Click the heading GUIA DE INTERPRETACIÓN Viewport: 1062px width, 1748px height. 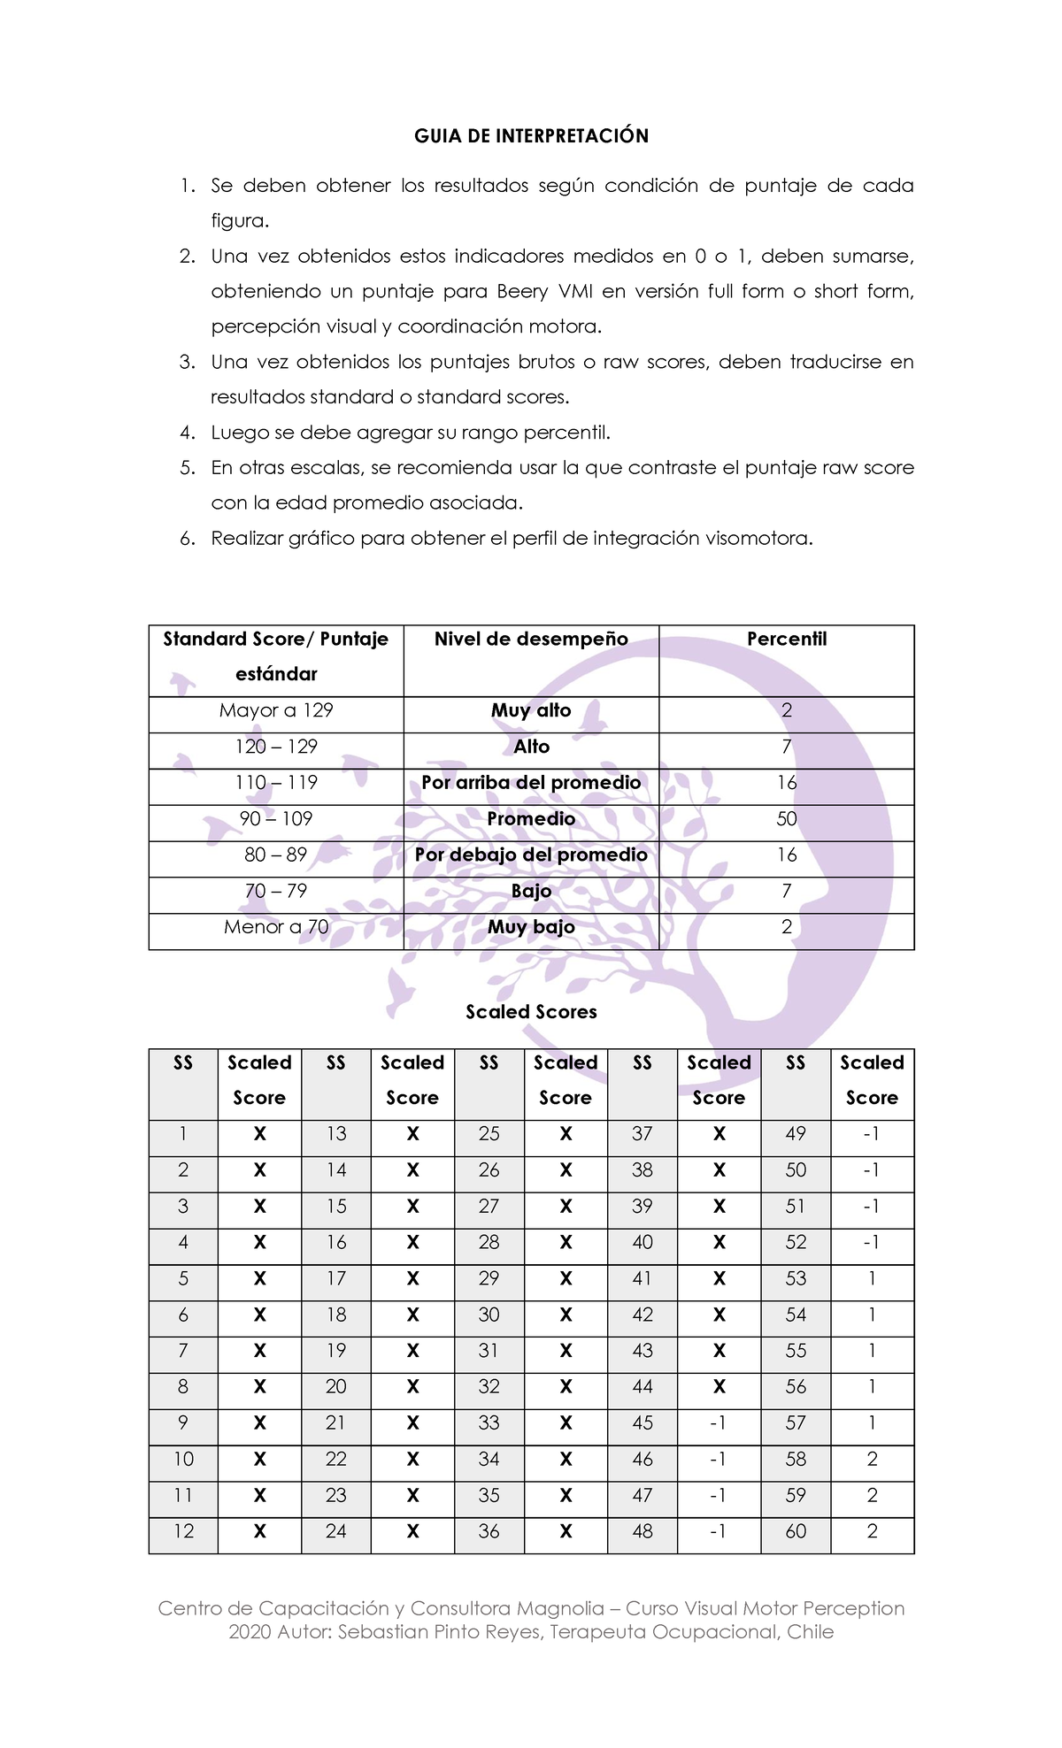click(x=531, y=136)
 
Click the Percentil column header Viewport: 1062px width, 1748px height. click(x=786, y=640)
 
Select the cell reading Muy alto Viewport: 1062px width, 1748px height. click(x=531, y=711)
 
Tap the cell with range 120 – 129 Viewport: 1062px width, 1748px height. click(x=276, y=747)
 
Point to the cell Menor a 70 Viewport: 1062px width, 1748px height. click(x=276, y=928)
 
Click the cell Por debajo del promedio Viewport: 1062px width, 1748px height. click(x=531, y=855)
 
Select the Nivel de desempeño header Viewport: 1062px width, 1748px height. click(x=531, y=640)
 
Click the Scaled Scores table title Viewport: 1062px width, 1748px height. click(x=531, y=1012)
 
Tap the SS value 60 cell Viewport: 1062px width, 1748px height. click(x=796, y=1532)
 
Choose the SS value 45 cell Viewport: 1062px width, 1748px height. click(x=643, y=1423)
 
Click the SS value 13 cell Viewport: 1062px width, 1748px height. click(x=335, y=1134)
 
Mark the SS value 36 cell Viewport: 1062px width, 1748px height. click(x=489, y=1532)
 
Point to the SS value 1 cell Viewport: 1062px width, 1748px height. click(x=183, y=1134)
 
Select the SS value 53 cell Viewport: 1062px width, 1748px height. click(x=796, y=1279)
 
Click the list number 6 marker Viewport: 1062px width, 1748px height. click(x=187, y=539)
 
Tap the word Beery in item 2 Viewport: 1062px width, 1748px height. click(x=521, y=292)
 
